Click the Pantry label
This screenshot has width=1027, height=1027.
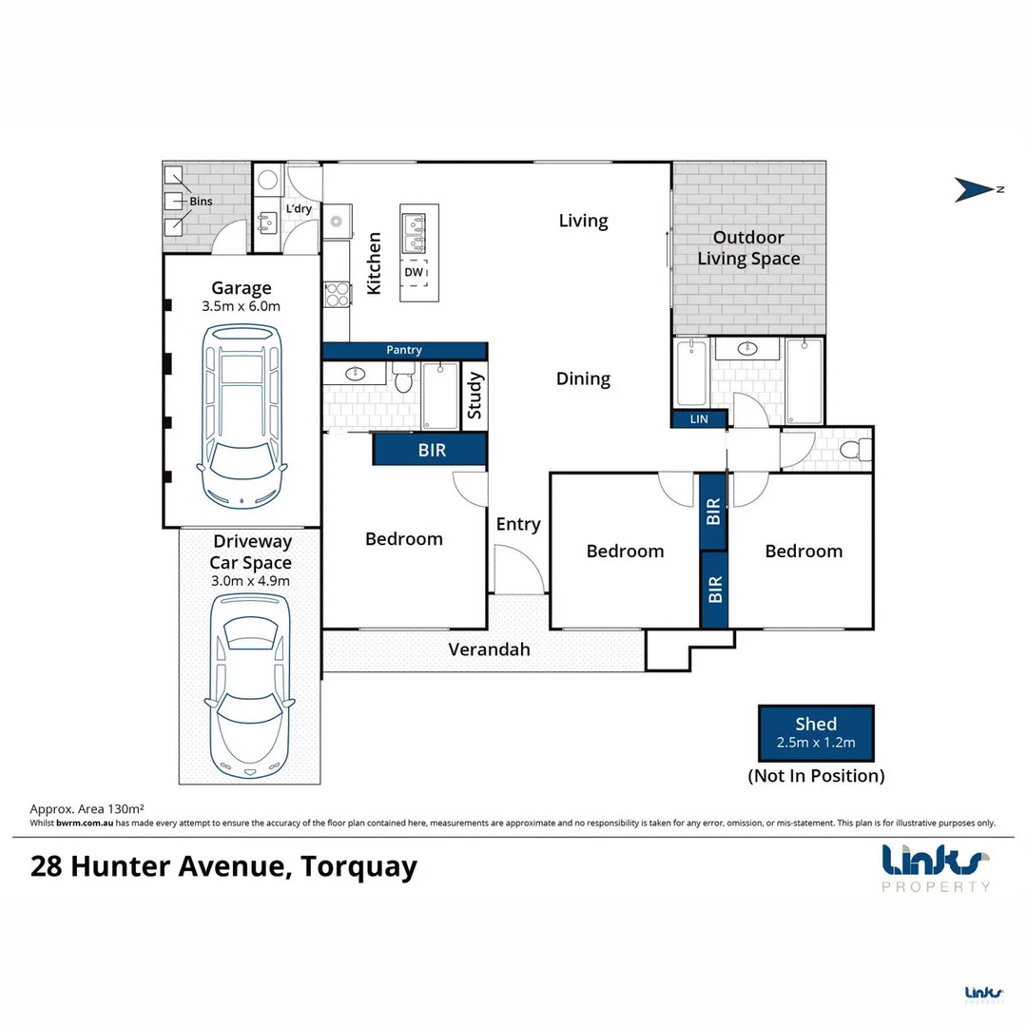point(404,351)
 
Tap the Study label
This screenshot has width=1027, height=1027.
point(475,397)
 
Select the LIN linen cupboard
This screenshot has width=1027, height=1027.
point(699,418)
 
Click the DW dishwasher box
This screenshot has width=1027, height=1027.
point(414,272)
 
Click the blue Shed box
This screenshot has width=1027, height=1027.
point(816,732)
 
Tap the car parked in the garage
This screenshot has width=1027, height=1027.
point(242,416)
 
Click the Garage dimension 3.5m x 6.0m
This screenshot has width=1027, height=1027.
point(242,306)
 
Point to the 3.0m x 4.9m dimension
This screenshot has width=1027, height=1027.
point(250,581)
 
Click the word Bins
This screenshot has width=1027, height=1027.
point(200,202)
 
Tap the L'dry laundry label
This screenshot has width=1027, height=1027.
point(299,209)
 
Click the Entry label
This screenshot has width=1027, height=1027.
point(518,524)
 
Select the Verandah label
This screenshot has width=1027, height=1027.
point(489,650)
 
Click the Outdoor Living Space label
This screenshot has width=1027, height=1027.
point(748,248)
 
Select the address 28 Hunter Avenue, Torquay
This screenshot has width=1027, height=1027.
point(224,867)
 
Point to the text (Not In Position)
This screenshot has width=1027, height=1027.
point(816,776)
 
